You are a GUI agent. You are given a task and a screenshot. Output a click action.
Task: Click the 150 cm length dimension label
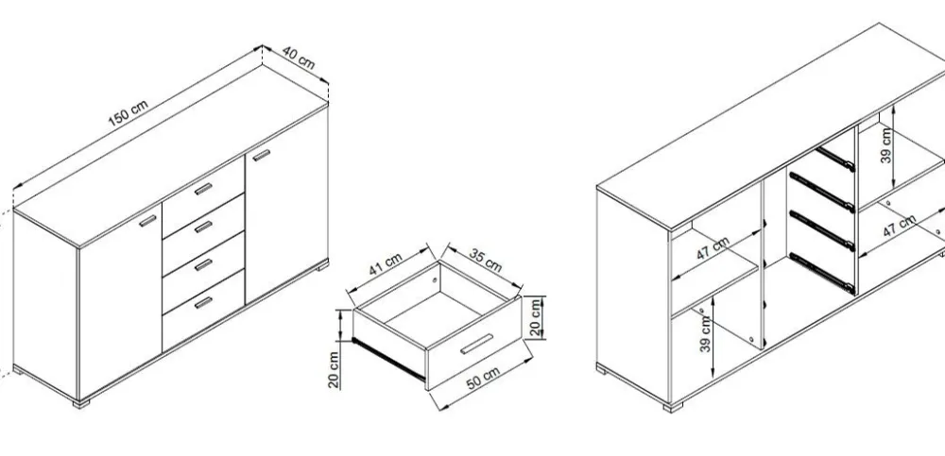(x=128, y=113)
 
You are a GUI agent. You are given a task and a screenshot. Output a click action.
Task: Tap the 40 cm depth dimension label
(x=299, y=58)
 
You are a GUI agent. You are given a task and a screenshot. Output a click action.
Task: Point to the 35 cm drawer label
(x=485, y=260)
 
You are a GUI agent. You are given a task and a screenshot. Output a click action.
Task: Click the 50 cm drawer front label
(x=483, y=379)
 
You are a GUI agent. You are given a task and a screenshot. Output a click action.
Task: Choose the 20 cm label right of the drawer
(x=535, y=317)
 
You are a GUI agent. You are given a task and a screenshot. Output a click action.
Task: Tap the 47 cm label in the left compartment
(x=713, y=249)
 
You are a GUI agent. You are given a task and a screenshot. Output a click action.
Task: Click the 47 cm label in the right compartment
(x=900, y=226)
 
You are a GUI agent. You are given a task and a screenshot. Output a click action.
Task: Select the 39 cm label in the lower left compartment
(x=706, y=333)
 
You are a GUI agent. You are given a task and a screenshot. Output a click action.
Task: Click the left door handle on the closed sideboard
(x=147, y=221)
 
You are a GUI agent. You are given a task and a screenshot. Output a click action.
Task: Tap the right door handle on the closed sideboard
(x=262, y=156)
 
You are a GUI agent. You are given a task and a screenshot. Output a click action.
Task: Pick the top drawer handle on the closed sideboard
(x=204, y=189)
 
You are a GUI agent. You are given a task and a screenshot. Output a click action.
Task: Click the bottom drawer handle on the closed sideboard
(x=204, y=302)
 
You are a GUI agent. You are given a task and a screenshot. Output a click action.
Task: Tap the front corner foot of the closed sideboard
(x=80, y=403)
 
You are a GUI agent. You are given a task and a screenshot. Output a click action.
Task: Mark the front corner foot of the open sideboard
(x=673, y=407)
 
